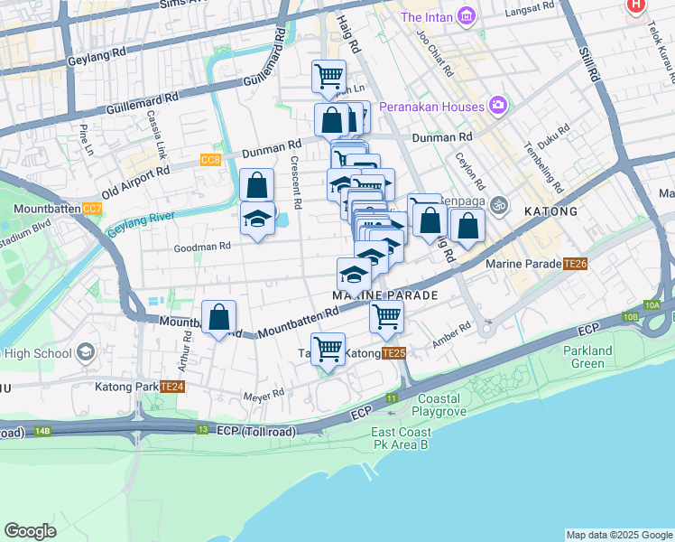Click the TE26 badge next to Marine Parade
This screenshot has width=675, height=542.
pos(575,264)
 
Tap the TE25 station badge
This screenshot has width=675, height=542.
pos(393,353)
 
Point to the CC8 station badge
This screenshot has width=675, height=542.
pos(210,160)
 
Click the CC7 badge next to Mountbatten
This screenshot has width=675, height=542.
pos(92,209)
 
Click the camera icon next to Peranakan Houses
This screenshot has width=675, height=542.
pos(497,107)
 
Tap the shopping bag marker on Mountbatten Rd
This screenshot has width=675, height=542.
pos(218,318)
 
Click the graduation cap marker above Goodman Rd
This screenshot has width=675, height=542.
pos(257,220)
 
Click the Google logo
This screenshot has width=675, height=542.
pos(30,531)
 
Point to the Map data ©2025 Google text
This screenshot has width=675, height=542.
pos(618,535)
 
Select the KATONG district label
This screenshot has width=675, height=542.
pos(550,211)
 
